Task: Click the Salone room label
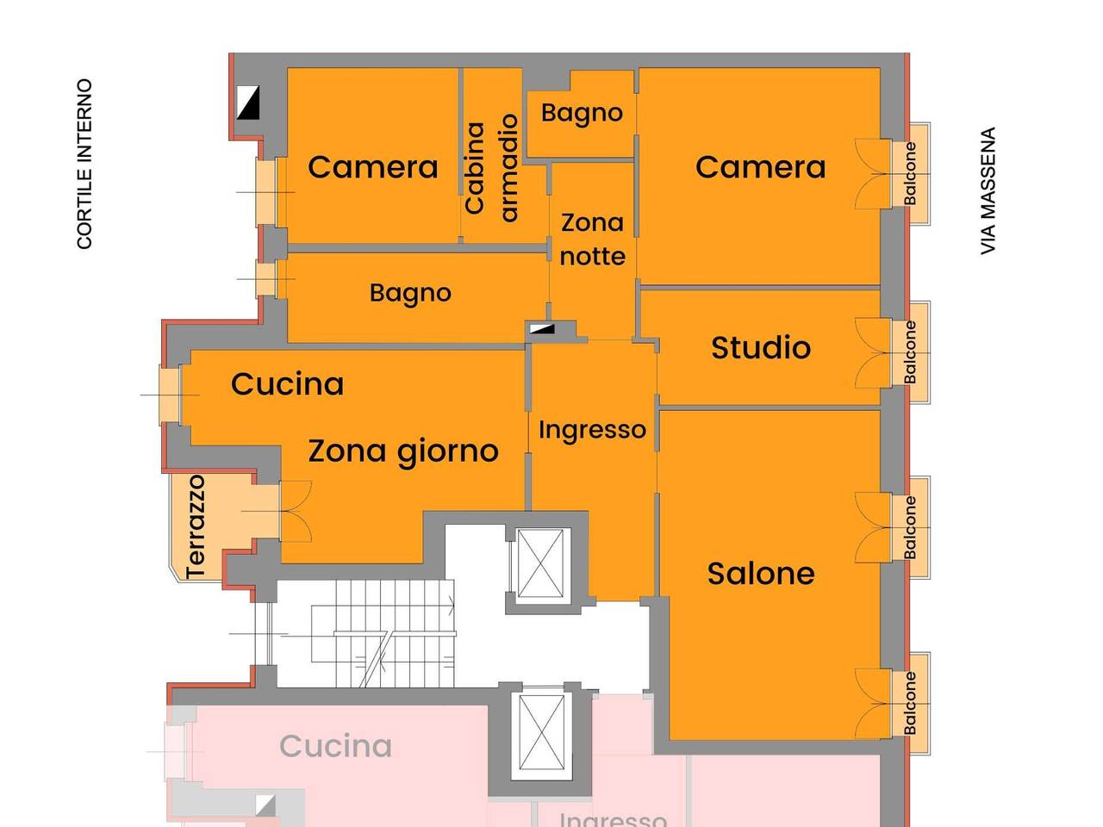(760, 574)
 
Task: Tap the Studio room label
(760, 348)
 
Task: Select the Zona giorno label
(403, 451)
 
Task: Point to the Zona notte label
(592, 239)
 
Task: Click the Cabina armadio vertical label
(491, 167)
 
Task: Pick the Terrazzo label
(196, 525)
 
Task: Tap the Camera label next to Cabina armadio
(372, 167)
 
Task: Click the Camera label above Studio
(760, 167)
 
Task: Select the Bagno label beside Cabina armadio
(582, 113)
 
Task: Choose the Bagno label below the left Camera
(410, 293)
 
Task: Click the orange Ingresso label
(592, 429)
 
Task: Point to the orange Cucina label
(287, 384)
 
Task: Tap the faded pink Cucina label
(335, 746)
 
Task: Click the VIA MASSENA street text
(988, 191)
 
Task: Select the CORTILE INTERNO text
(84, 164)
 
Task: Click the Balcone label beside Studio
(910, 352)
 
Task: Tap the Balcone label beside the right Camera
(910, 174)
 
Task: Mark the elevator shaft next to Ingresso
(540, 564)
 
